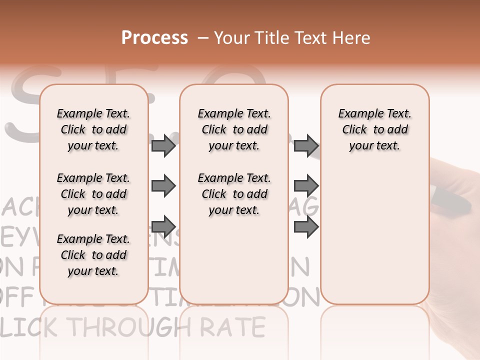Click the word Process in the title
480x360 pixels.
154,38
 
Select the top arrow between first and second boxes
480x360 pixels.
163,145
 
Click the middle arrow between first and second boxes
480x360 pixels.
163,186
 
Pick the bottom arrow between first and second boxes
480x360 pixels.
163,226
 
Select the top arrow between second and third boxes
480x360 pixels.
306,145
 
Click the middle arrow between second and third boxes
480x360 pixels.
306,186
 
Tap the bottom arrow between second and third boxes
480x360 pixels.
306,226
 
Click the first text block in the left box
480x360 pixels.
93,129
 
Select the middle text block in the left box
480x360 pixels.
93,194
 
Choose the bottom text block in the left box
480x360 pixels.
93,255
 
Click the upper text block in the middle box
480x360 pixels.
234,129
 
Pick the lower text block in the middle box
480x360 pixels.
234,194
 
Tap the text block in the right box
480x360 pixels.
375,129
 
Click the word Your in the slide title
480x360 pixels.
231,38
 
